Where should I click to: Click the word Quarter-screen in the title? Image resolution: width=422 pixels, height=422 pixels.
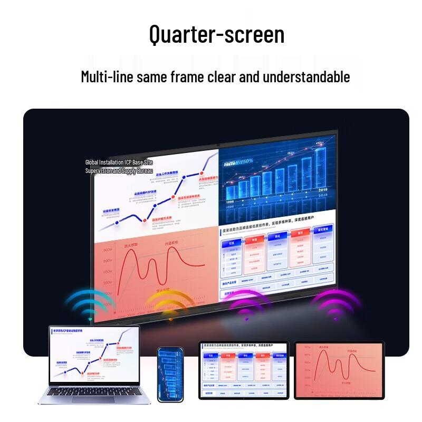pos(217,35)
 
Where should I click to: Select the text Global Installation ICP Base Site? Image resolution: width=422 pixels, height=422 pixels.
pos(119,162)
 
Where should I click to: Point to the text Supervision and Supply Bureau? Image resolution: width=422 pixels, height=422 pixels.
pos(119,171)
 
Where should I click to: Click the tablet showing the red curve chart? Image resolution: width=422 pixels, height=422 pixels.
pos(340,370)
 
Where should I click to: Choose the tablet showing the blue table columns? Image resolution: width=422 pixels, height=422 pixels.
pos(244,370)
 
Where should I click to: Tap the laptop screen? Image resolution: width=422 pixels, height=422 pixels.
pos(94,356)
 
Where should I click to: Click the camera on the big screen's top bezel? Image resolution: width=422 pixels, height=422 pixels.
pos(218,144)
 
